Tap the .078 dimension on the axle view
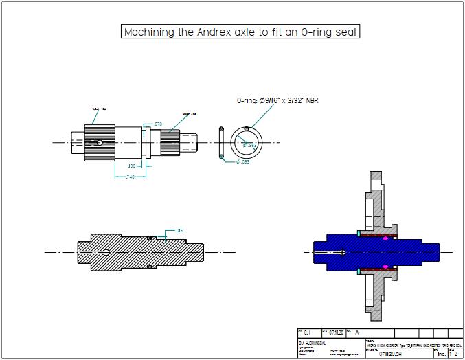[157, 124]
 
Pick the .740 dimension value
[130, 177]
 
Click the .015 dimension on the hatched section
[179, 230]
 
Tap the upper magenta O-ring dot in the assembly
[385, 238]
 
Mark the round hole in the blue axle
[342, 252]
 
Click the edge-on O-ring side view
[220, 143]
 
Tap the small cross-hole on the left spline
[100, 143]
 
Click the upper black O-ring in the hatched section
[150, 238]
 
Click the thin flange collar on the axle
[146, 142]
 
